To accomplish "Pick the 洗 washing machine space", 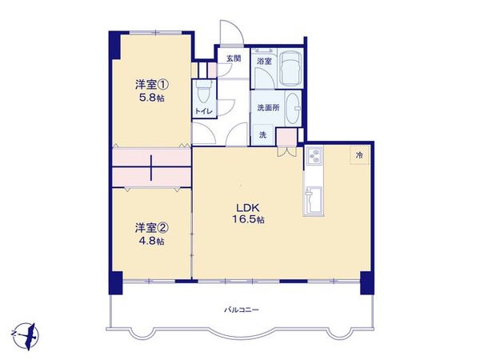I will click(262, 134).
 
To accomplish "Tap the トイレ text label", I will click(203, 111).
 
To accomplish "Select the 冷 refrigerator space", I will click(359, 154).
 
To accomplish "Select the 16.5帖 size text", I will click(244, 219).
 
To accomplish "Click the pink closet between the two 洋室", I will click(152, 166).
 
